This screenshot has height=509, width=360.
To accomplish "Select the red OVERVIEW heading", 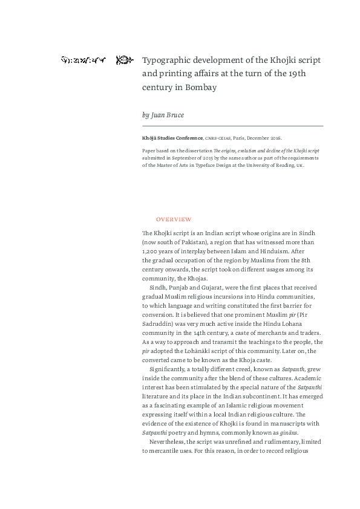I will click(x=174, y=218).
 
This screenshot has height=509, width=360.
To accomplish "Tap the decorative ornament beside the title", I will click(x=124, y=60).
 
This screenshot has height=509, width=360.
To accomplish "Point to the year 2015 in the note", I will click(x=192, y=157).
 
